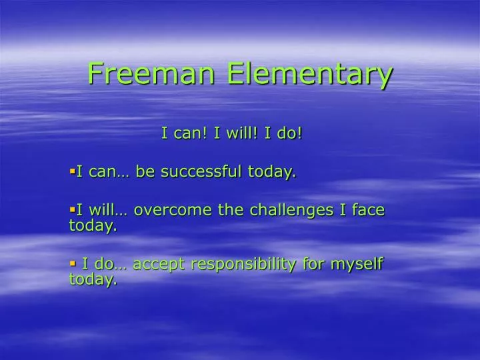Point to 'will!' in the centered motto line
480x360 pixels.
click(237, 133)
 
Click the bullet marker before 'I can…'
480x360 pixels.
click(72, 171)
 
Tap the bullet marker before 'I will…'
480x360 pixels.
click(72, 209)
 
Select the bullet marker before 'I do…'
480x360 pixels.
click(72, 263)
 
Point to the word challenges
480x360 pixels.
click(293, 210)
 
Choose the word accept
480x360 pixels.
click(159, 265)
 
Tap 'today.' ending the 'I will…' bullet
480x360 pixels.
click(93, 226)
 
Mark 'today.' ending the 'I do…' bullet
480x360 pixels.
click(93, 280)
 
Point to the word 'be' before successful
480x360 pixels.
click(145, 171)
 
